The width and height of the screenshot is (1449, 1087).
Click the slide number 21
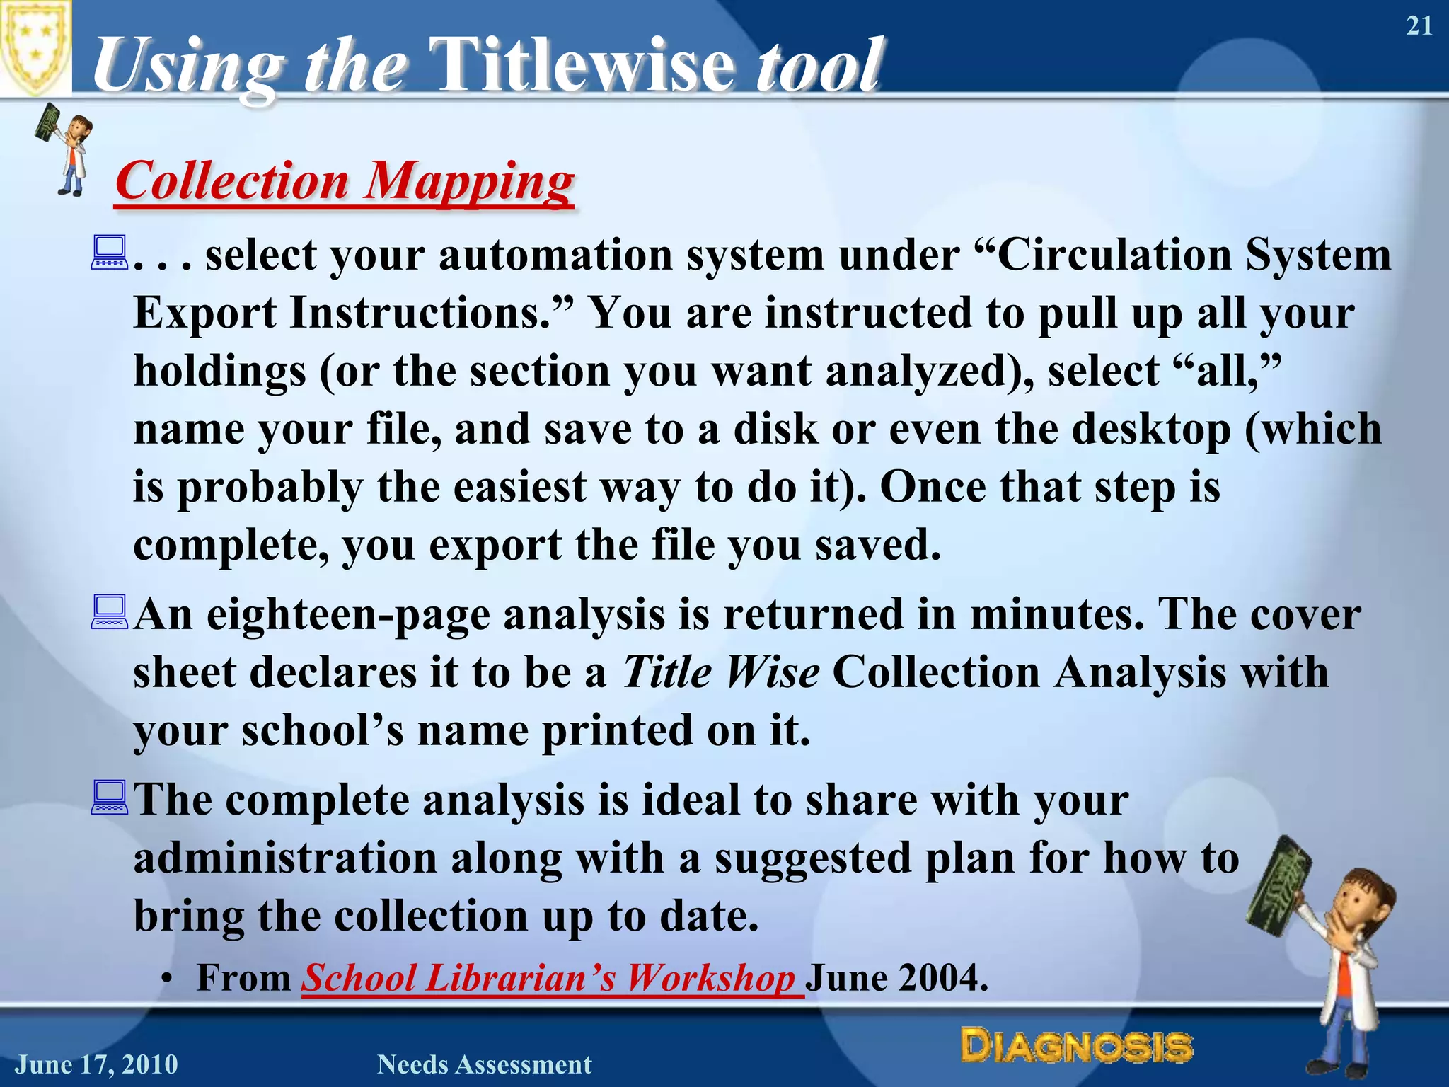pos(1419,26)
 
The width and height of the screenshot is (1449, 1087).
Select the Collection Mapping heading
pos(345,181)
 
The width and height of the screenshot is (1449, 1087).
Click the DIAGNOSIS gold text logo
pos(1076,1047)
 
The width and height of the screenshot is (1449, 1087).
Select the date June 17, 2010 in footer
pos(97,1064)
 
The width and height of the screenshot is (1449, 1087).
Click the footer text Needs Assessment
pos(484,1064)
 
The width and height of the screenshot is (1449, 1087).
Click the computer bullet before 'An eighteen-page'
pos(109,613)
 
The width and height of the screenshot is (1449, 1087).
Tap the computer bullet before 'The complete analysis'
pos(109,798)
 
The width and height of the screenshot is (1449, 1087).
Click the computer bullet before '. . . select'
pos(109,253)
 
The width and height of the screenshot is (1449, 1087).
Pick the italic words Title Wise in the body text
pos(720,672)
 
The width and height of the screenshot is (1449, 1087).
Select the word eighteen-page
pos(348,614)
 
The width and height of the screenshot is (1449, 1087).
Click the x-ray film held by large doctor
pos(1278,885)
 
